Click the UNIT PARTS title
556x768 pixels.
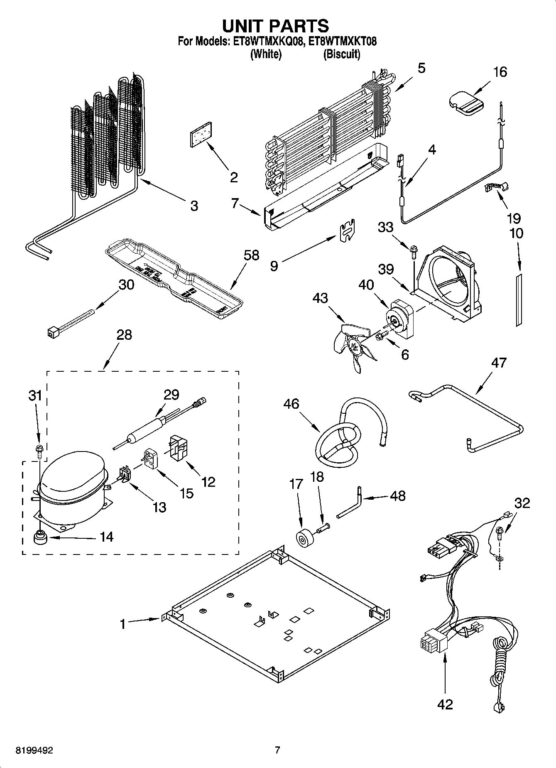(276, 26)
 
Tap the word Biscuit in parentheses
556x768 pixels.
(342, 54)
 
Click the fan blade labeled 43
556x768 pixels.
(353, 345)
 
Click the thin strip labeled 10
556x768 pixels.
(519, 299)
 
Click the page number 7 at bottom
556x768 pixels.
(277, 750)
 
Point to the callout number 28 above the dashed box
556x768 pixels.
(124, 335)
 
